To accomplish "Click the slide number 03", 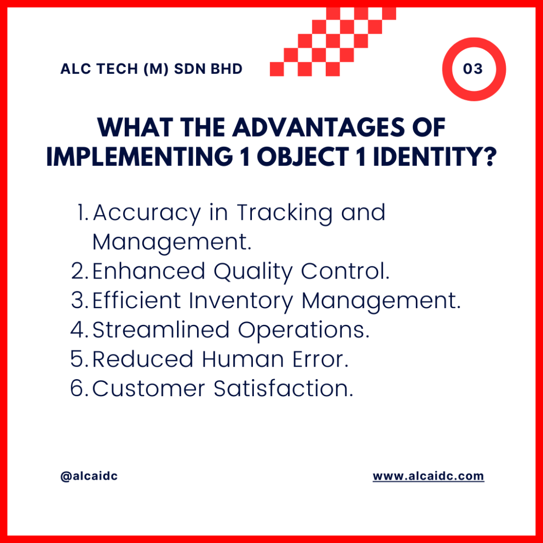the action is click(473, 68).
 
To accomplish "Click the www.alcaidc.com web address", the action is click(428, 476).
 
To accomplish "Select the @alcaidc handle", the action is click(89, 476).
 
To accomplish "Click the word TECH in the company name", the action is click(117, 69).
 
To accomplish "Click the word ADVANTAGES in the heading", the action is click(318, 127).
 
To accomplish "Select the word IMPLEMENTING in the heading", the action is click(140, 156).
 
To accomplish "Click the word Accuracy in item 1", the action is click(147, 213).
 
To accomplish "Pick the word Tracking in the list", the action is click(285, 213).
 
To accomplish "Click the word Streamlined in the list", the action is click(161, 329).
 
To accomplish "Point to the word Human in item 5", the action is click(243, 359).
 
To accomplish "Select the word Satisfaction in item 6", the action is click(283, 388).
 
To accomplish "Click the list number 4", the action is click(77, 330).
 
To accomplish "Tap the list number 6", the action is click(77, 388).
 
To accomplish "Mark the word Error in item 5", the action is click(320, 359).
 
